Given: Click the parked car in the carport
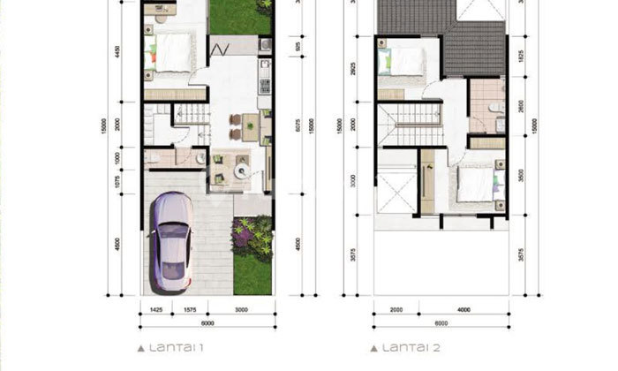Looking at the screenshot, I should (x=171, y=242).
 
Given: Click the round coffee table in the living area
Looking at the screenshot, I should (x=238, y=163).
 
